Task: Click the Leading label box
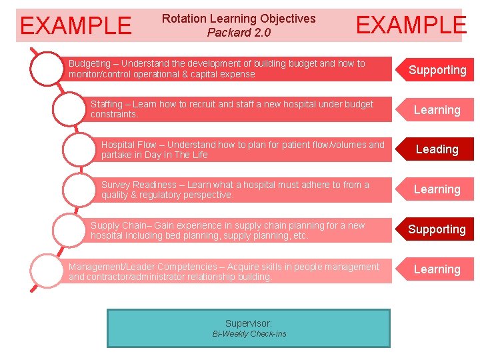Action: pos(437,149)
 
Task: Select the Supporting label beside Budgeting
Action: pos(437,70)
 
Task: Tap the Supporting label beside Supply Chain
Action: pos(437,229)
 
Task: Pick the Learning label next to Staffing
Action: pos(437,110)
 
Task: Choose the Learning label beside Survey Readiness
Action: pos(437,189)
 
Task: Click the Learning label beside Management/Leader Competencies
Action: pos(437,269)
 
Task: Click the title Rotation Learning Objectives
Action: pos(239,19)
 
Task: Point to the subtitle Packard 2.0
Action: pos(239,32)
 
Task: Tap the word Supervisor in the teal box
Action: pos(249,323)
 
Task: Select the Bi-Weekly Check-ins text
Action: pos(249,334)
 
